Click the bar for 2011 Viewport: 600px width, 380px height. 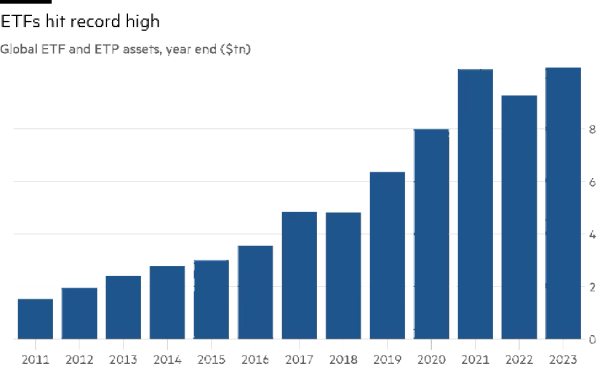point(35,319)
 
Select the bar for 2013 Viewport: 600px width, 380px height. point(123,307)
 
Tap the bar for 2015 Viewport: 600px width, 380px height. point(211,299)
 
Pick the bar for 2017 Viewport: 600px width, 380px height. point(299,275)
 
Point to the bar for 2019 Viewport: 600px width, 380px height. point(387,255)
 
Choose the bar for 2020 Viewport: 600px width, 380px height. point(431,234)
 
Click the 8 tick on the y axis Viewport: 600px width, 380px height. point(593,130)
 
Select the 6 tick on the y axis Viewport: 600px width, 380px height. point(593,182)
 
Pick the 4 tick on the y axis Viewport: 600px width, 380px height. point(593,235)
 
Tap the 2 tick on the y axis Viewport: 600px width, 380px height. point(593,287)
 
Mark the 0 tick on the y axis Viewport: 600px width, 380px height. point(593,340)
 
